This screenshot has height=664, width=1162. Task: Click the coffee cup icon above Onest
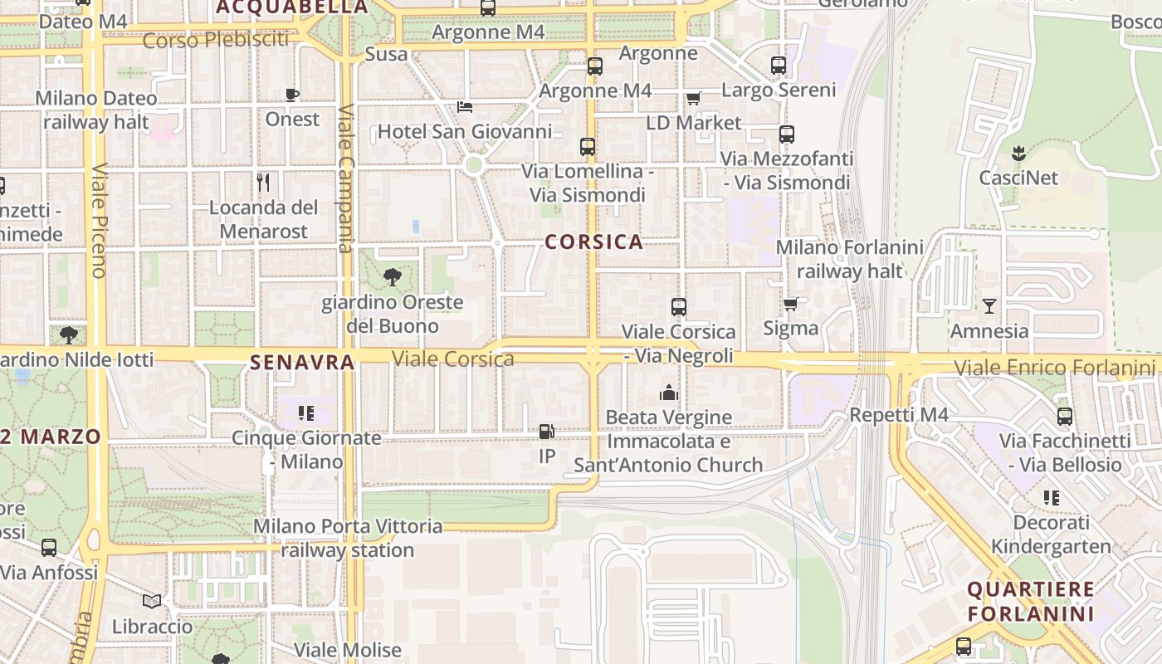point(292,95)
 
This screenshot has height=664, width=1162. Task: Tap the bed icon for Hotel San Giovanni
point(465,107)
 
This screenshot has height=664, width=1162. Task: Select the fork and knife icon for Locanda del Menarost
point(263,183)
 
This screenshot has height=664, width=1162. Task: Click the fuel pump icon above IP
point(546,432)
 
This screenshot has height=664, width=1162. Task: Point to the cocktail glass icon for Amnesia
point(989,306)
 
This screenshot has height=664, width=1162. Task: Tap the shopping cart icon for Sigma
point(790,304)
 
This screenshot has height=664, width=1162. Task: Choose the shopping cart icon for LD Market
point(694,98)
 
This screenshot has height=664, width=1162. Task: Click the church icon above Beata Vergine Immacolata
point(669,393)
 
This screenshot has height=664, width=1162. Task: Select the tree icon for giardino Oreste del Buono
point(393,277)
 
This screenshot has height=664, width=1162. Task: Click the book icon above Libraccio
point(152,601)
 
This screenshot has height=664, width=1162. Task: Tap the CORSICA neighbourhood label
point(594,242)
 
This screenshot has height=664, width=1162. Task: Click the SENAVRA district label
point(302,362)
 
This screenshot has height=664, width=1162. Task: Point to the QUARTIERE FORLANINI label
point(1031,602)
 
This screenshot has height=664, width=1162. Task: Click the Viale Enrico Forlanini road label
point(1054,367)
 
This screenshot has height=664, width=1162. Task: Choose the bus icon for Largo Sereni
point(778,65)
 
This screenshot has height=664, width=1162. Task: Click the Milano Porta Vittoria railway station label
point(348,538)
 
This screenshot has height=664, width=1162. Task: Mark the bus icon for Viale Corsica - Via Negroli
point(679,307)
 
